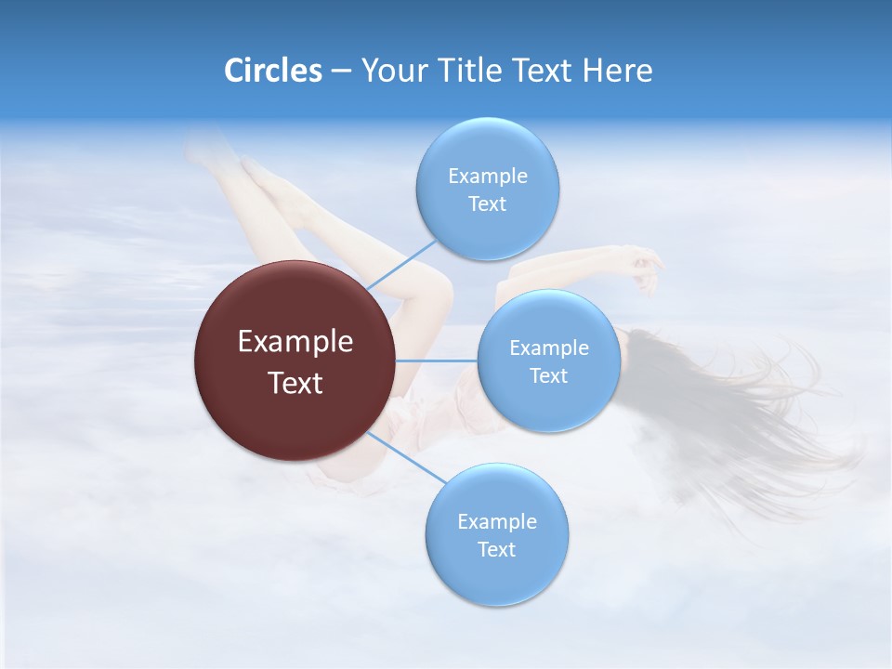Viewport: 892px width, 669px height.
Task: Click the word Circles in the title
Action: click(x=272, y=71)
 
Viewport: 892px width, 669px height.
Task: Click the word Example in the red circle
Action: click(x=295, y=341)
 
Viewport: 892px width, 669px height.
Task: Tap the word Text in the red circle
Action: click(x=295, y=383)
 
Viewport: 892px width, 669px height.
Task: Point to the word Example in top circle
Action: click(x=488, y=176)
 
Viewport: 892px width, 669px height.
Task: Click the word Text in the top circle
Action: click(x=488, y=203)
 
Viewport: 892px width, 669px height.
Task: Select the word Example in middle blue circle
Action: click(x=548, y=348)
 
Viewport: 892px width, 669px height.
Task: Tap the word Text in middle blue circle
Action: click(x=548, y=375)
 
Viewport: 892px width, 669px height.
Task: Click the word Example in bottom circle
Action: click(x=497, y=521)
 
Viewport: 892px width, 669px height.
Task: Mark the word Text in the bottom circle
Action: click(x=497, y=549)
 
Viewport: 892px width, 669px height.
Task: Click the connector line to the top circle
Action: click(x=401, y=264)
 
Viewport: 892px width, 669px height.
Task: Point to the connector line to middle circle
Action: click(x=437, y=360)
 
